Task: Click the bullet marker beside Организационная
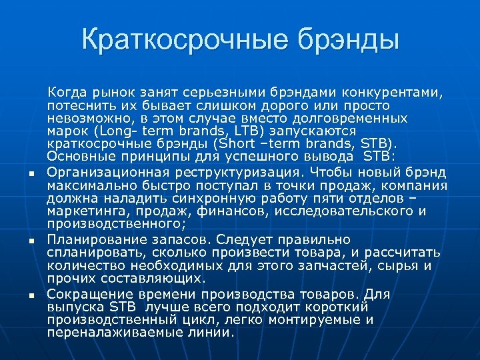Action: (x=31, y=175)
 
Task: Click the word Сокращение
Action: (x=85, y=293)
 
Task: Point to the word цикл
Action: (x=193, y=320)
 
